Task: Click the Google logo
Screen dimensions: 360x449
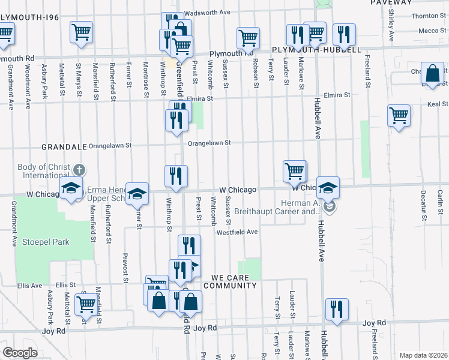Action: coord(19,353)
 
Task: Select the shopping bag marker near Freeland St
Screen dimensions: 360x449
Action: coord(432,74)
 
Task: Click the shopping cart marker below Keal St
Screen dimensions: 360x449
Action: coord(399,115)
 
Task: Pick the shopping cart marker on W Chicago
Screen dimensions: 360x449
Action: coord(294,170)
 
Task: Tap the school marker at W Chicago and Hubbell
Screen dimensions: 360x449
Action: coord(328,187)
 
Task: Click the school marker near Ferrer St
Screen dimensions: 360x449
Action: coord(137,193)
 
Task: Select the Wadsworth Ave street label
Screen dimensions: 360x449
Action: coord(207,12)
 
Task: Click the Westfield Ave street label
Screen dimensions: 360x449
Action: coord(237,232)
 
